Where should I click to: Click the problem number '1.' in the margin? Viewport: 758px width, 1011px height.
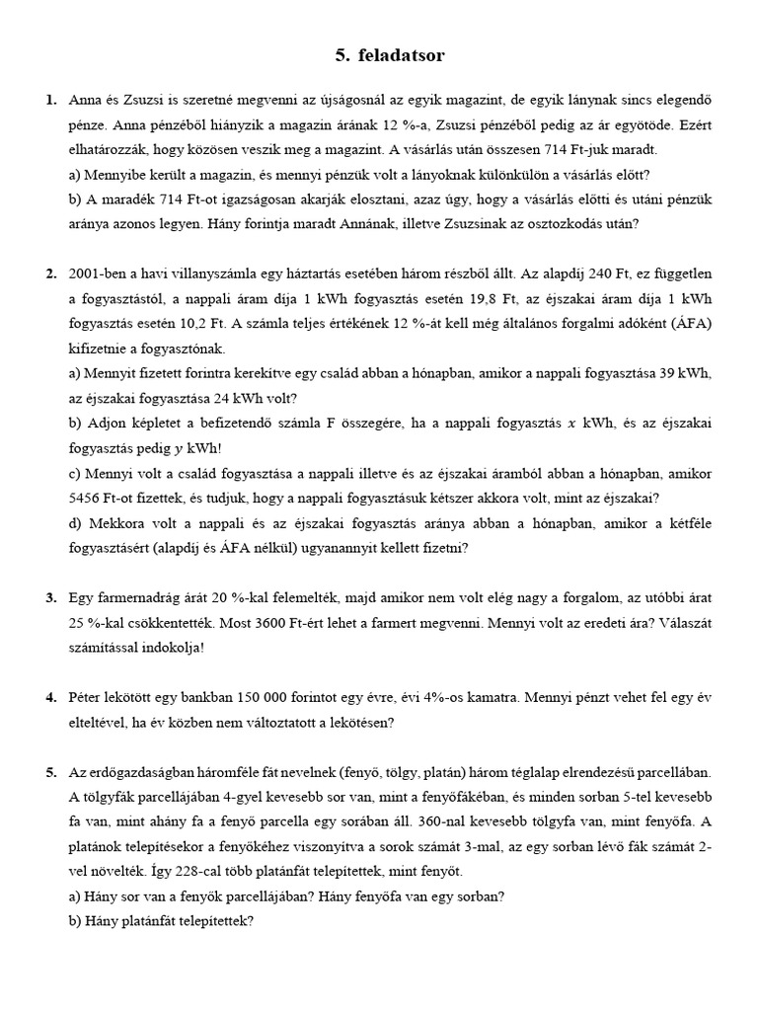[x=51, y=101]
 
